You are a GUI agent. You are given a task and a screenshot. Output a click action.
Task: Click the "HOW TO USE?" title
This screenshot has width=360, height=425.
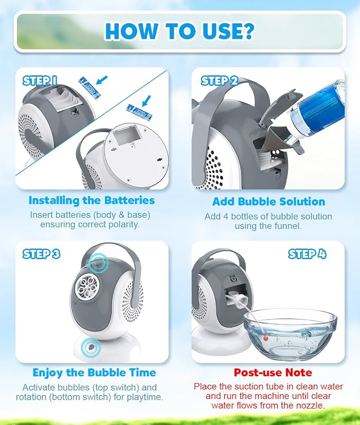180,31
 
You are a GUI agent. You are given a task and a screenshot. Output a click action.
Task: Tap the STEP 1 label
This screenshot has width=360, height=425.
40,81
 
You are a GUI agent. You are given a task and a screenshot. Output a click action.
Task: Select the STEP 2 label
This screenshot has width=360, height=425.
219,81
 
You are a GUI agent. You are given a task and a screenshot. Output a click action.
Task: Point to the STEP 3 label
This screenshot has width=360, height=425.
41,254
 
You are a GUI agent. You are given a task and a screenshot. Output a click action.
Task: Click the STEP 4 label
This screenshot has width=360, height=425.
307,254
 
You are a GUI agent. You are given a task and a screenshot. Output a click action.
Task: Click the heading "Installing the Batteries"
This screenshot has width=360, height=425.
92,200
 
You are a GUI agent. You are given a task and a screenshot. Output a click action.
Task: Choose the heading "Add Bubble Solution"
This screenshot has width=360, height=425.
269,202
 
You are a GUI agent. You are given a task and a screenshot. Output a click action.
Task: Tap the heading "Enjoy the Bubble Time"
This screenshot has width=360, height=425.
94,373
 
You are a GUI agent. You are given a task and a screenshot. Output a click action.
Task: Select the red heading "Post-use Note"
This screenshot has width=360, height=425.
273,373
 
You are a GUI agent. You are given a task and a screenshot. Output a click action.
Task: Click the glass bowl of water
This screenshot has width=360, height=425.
290,335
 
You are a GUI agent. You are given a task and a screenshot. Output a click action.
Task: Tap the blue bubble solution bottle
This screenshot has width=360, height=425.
317,114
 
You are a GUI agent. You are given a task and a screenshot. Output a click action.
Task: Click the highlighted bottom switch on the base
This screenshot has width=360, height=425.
91,347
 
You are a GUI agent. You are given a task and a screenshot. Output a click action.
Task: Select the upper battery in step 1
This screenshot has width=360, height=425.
90,87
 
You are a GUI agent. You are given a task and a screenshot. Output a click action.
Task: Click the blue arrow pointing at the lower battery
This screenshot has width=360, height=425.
146,101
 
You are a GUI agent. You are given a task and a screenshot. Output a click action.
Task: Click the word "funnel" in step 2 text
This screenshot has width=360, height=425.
287,226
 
